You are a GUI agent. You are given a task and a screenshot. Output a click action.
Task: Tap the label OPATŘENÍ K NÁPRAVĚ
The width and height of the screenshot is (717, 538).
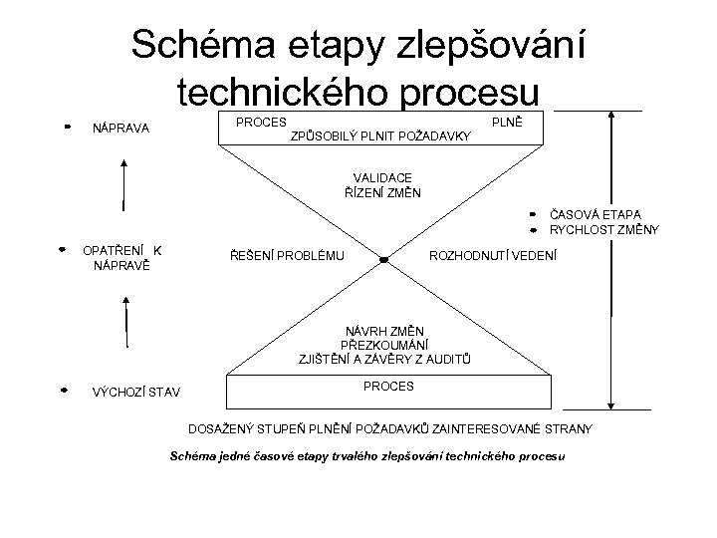(x=121, y=257)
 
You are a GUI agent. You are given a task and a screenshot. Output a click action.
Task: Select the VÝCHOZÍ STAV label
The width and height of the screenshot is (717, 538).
(x=135, y=391)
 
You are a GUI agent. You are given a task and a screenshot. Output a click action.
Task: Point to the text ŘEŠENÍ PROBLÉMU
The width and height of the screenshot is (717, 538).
(x=288, y=257)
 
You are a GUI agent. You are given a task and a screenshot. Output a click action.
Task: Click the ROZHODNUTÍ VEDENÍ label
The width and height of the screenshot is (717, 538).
(x=493, y=256)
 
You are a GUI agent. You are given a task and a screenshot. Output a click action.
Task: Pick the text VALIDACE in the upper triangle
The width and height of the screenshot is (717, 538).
(x=381, y=177)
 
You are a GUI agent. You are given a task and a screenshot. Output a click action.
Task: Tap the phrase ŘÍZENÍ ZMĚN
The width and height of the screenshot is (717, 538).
(x=381, y=191)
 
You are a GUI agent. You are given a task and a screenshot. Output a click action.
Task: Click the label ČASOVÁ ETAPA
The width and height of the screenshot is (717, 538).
(x=595, y=214)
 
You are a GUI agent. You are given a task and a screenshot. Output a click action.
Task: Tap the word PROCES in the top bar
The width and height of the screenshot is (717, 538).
(x=260, y=121)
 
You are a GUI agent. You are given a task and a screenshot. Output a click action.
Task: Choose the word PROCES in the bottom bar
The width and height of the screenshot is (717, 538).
(x=387, y=385)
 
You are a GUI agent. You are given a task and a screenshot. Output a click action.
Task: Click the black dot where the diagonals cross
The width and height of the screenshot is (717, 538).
(x=383, y=260)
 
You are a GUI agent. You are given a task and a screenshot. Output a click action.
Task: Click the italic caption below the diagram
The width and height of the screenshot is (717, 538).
(x=367, y=455)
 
